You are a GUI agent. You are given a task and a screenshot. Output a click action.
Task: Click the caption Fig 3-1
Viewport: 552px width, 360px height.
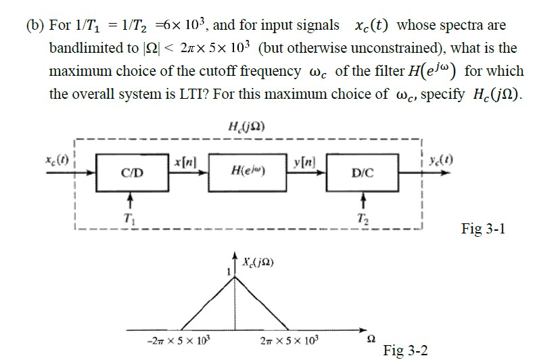tap(482, 229)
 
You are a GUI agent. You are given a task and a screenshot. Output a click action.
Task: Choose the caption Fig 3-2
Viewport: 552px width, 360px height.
tap(405, 350)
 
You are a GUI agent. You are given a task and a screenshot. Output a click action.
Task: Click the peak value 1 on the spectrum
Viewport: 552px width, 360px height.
tap(229, 271)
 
